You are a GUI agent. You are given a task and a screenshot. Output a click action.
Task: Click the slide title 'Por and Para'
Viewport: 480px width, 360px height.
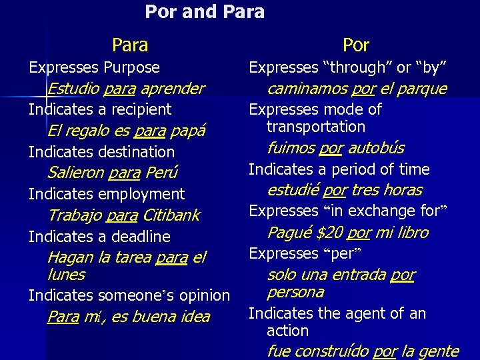(205, 12)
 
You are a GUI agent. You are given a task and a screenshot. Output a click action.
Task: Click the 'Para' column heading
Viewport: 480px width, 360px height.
(130, 45)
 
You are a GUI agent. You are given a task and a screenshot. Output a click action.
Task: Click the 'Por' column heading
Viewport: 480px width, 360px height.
(356, 45)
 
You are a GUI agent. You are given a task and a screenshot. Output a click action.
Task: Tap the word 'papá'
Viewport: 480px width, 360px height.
(188, 131)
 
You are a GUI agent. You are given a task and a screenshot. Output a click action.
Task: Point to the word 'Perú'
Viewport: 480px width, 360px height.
(163, 173)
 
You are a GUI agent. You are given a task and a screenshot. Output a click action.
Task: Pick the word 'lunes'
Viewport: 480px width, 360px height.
(66, 275)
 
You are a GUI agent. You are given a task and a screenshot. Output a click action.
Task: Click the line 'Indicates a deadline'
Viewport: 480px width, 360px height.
(99, 237)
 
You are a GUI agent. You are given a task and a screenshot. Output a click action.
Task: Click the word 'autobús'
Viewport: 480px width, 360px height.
(376, 148)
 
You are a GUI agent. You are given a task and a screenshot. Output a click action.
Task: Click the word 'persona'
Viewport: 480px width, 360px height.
(295, 292)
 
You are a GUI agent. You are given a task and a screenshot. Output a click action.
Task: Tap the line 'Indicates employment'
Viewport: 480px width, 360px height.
(107, 194)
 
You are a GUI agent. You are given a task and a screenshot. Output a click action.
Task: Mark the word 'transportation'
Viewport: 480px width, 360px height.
(316, 127)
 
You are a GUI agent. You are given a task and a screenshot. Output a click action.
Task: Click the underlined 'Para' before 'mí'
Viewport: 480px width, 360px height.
(63, 317)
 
